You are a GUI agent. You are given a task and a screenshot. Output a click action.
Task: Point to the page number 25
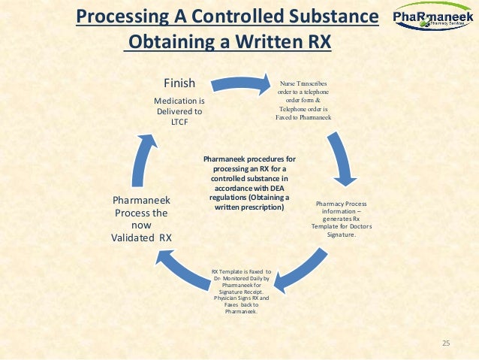coord(445,343)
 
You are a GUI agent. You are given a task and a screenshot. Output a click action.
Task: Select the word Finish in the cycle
coord(179,83)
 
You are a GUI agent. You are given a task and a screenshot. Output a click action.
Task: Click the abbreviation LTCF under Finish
coord(179,122)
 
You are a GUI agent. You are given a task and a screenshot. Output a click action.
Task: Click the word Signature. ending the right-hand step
coord(341,234)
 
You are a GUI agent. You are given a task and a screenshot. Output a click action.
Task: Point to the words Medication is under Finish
coord(179,100)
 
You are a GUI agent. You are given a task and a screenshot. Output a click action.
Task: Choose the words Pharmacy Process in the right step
coord(342,203)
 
